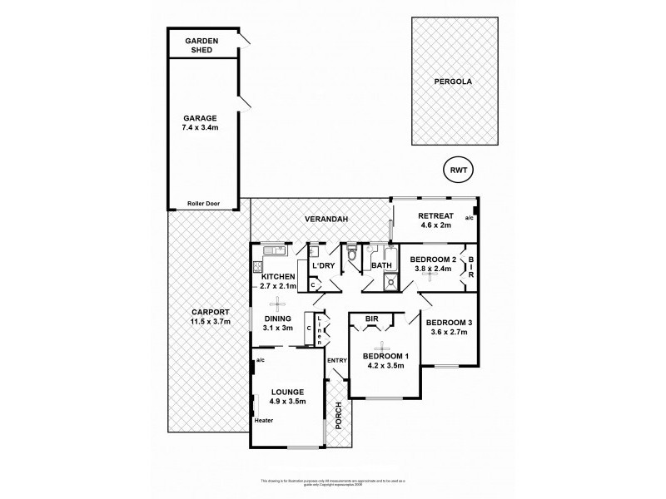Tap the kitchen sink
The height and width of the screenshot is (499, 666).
click(274, 250)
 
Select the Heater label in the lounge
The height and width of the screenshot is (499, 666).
click(265, 421)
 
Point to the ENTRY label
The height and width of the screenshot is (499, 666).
click(337, 360)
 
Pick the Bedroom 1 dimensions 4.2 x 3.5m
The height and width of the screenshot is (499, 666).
click(383, 366)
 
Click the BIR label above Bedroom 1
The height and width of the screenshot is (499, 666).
click(371, 318)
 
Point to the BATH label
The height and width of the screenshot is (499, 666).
click(381, 266)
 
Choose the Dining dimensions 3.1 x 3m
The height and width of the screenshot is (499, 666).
click(277, 328)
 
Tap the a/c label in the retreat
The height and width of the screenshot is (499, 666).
click(469, 218)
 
